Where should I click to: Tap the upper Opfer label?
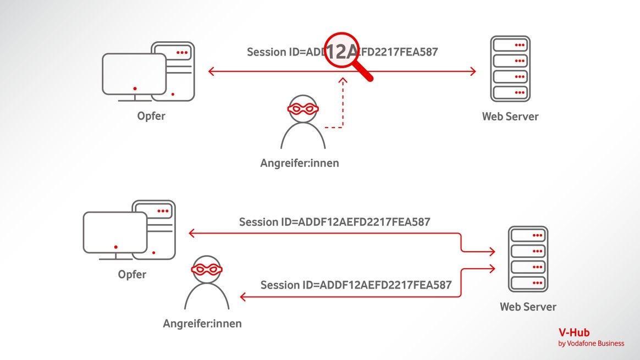click(151, 116)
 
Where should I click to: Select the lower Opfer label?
click(132, 274)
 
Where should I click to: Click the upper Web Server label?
click(510, 117)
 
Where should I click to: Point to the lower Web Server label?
click(528, 307)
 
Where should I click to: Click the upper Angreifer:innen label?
click(300, 163)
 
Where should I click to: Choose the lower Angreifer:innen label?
click(202, 324)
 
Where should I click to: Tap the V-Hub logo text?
click(574, 332)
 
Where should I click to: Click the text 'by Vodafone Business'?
click(591, 344)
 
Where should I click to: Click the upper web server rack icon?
click(510, 69)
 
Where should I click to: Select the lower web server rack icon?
click(528, 259)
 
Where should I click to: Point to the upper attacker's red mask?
click(303, 108)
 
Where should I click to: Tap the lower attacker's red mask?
click(207, 269)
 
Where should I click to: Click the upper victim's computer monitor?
click(134, 75)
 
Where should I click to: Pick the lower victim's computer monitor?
click(115, 234)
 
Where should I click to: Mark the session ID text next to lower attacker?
click(356, 285)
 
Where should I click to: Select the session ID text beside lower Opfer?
click(334, 222)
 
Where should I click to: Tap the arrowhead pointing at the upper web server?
click(472, 71)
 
